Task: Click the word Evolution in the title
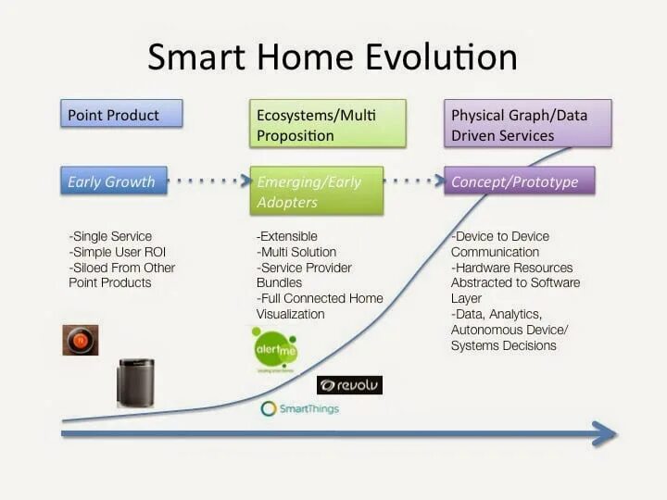point(442,57)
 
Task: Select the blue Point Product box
point(121,114)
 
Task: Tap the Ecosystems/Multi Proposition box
point(328,124)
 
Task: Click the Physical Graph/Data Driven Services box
point(528,124)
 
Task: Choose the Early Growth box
point(114,181)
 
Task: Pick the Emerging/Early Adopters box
point(317,191)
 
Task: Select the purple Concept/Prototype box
point(520,181)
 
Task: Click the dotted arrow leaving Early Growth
point(209,181)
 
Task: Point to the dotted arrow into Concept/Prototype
point(414,181)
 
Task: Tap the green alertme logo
point(275,349)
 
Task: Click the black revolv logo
point(349,385)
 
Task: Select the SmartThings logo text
point(309,409)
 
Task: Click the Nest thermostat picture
point(81,340)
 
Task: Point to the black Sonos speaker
point(135,382)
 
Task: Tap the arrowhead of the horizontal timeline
point(604,433)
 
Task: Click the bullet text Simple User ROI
point(118,252)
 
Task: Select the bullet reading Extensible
point(287,236)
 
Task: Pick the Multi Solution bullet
point(296,252)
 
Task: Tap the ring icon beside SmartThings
point(269,408)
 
